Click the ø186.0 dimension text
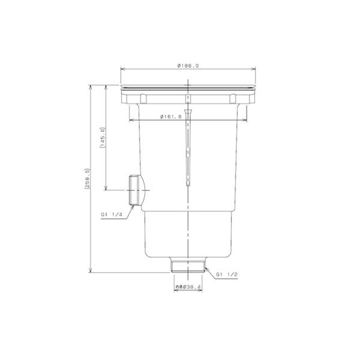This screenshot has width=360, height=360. coord(188,66)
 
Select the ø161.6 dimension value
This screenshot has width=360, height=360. coord(171,117)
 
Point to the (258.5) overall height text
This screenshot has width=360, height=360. coord(87,179)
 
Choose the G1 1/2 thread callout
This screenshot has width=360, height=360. coord(226,274)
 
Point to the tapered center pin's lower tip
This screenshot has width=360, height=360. coord(189,185)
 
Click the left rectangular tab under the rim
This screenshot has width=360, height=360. coord(143,99)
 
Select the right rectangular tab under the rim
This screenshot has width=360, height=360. coord(233,99)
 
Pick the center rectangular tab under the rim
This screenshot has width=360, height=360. coord(189,99)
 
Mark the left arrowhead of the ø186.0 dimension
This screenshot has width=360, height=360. coord(122,69)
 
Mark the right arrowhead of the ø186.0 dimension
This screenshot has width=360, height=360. coord(254,69)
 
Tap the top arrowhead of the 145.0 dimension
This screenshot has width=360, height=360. coord(106,86)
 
